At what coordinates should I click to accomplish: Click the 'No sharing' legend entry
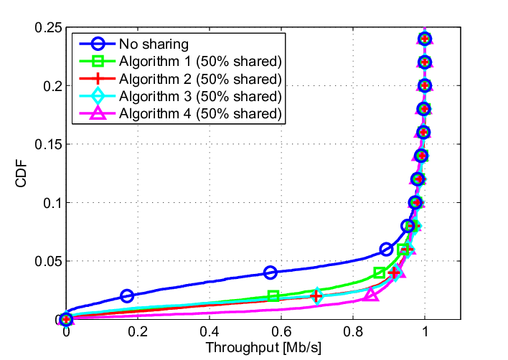(x=154, y=44)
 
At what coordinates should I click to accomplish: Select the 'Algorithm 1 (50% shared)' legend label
(x=200, y=62)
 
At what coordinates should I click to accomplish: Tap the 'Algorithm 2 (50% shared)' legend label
(x=200, y=79)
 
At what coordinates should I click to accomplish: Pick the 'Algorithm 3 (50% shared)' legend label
(x=200, y=96)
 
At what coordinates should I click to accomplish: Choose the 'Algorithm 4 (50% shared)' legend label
(x=200, y=113)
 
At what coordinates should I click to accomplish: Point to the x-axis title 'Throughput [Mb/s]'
(x=263, y=348)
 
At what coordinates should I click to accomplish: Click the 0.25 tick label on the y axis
(x=49, y=27)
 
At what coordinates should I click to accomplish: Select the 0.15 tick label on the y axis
(x=49, y=144)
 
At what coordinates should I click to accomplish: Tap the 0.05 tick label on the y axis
(x=49, y=261)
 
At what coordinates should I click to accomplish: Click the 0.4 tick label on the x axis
(x=210, y=332)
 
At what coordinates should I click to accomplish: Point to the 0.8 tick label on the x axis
(x=353, y=332)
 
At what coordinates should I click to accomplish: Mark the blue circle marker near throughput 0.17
(x=127, y=296)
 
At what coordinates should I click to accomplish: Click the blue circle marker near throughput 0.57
(x=271, y=273)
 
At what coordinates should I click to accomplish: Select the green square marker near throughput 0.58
(x=274, y=296)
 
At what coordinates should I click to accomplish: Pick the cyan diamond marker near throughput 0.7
(x=317, y=296)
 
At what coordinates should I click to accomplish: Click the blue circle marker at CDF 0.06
(x=386, y=250)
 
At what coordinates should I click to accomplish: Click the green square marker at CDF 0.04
(x=380, y=273)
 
